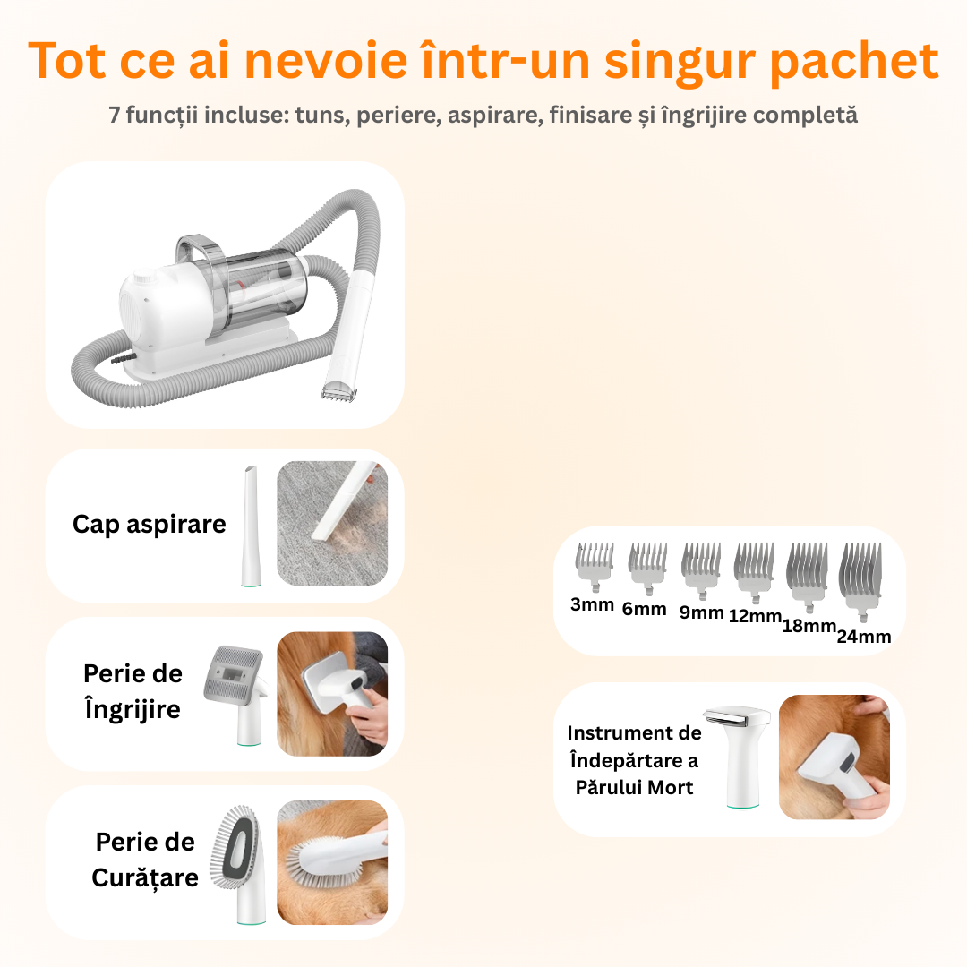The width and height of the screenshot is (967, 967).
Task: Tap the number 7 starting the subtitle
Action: pos(115,116)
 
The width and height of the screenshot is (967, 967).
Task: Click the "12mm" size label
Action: pos(755,616)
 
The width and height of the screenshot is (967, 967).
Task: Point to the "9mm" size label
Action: pos(702,612)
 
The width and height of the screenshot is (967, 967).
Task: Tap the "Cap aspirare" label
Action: pos(150,525)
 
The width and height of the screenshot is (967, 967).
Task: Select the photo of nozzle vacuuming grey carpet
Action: pos(332,524)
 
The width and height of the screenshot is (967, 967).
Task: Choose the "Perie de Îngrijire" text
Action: pos(133,691)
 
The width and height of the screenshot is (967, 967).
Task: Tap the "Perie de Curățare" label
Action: pos(145,860)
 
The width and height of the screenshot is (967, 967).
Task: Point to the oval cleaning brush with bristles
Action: pos(237,851)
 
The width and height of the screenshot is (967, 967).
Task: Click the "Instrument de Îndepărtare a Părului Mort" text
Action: pos(635,760)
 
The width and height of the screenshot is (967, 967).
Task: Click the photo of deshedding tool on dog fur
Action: pos(834,757)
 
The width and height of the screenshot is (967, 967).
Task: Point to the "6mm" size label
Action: pos(645,609)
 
